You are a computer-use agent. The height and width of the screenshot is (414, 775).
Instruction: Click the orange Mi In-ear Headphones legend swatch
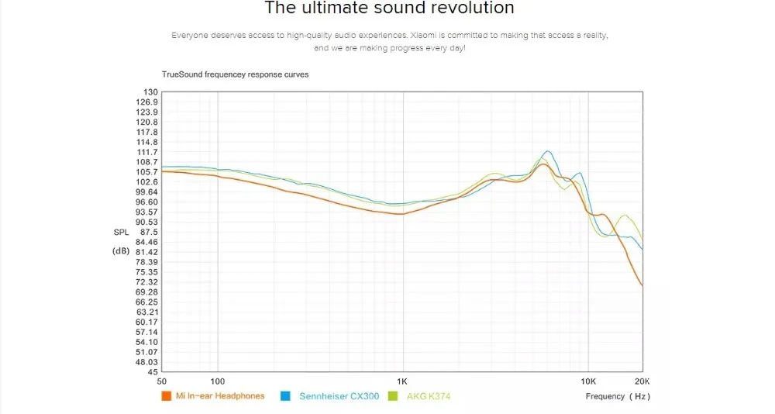point(165,396)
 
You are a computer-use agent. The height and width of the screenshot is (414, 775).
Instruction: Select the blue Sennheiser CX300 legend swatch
point(285,396)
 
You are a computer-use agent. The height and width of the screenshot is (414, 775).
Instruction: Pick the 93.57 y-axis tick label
point(147,212)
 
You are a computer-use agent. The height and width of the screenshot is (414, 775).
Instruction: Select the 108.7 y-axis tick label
point(147,162)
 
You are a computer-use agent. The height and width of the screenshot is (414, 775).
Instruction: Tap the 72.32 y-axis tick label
point(147,282)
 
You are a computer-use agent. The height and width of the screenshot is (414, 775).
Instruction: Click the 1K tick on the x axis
point(401,381)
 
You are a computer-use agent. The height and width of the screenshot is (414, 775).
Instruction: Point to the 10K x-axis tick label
point(588,381)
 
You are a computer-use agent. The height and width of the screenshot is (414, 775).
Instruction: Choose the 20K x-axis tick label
point(642,381)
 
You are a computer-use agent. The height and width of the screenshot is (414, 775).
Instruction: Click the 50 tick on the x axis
point(162,381)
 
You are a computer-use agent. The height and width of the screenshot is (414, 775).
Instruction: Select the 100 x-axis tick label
point(218,381)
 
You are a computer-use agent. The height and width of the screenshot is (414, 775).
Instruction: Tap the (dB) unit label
point(121,250)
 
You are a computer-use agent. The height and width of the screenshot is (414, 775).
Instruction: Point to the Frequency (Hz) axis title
point(618,396)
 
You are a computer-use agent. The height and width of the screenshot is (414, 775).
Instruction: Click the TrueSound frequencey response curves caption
point(235,74)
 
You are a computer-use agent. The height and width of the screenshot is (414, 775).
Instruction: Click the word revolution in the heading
point(469,9)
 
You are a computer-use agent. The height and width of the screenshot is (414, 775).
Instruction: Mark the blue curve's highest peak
point(548,151)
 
